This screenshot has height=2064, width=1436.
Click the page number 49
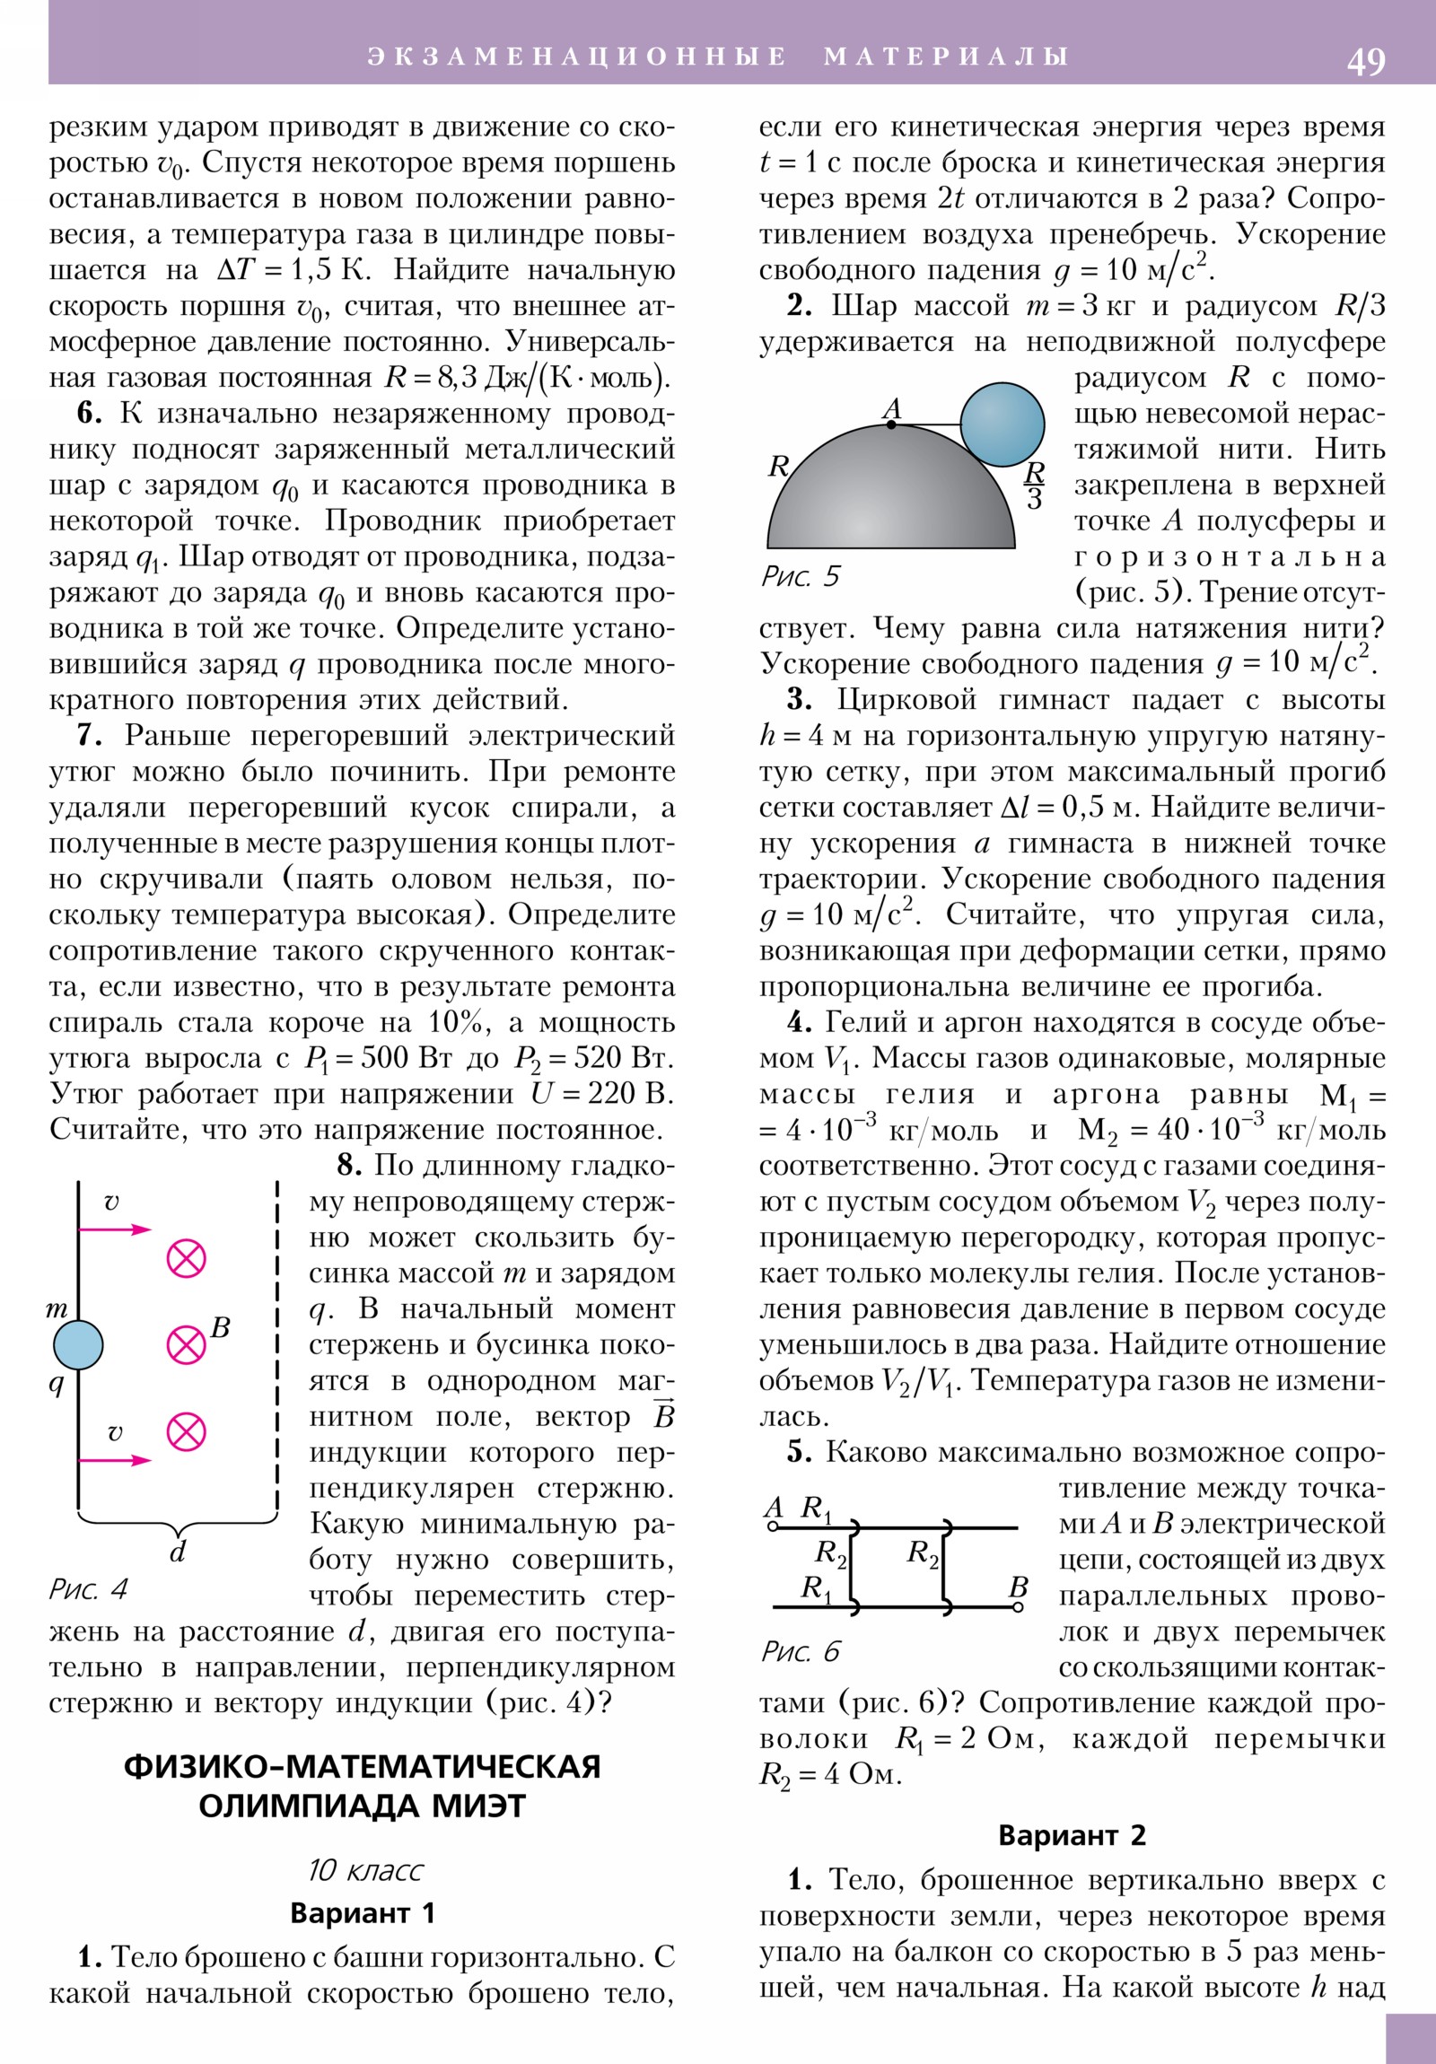click(x=1366, y=61)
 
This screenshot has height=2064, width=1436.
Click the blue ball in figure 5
click(x=1002, y=424)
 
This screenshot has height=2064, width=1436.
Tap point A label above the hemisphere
click(x=891, y=409)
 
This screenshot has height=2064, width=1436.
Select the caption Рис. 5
click(x=800, y=576)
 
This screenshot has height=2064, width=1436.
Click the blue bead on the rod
click(x=78, y=1345)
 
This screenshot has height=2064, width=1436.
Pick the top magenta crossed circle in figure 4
click(x=186, y=1258)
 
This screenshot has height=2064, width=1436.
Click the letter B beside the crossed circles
click(x=220, y=1328)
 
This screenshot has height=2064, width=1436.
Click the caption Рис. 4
click(x=88, y=1589)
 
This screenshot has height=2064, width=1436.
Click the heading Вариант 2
click(x=1072, y=1835)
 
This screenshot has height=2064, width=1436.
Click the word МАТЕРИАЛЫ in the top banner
click(x=946, y=57)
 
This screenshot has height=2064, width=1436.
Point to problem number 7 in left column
click(x=88, y=735)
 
